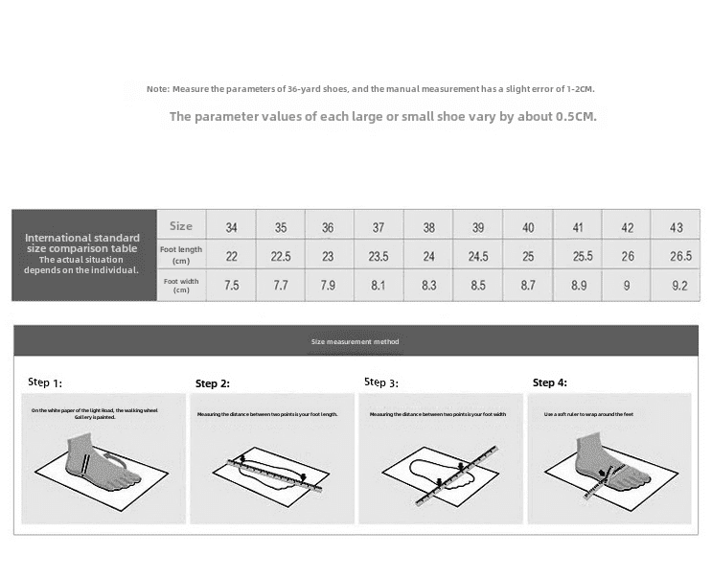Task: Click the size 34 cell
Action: click(232, 228)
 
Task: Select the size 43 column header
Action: click(677, 228)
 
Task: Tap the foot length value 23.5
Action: click(379, 257)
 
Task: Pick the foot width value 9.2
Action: click(678, 286)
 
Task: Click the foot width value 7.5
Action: click(231, 286)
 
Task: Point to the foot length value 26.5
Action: click(680, 257)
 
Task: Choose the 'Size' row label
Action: click(181, 226)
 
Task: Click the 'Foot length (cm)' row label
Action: click(181, 255)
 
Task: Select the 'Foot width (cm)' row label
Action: click(181, 286)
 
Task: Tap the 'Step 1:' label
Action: click(44, 382)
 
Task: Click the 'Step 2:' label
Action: click(213, 383)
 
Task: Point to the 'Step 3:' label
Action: click(381, 382)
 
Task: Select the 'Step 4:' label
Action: click(550, 382)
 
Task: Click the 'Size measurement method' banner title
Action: click(356, 342)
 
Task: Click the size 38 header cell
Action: click(428, 228)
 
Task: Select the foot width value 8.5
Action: click(478, 286)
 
